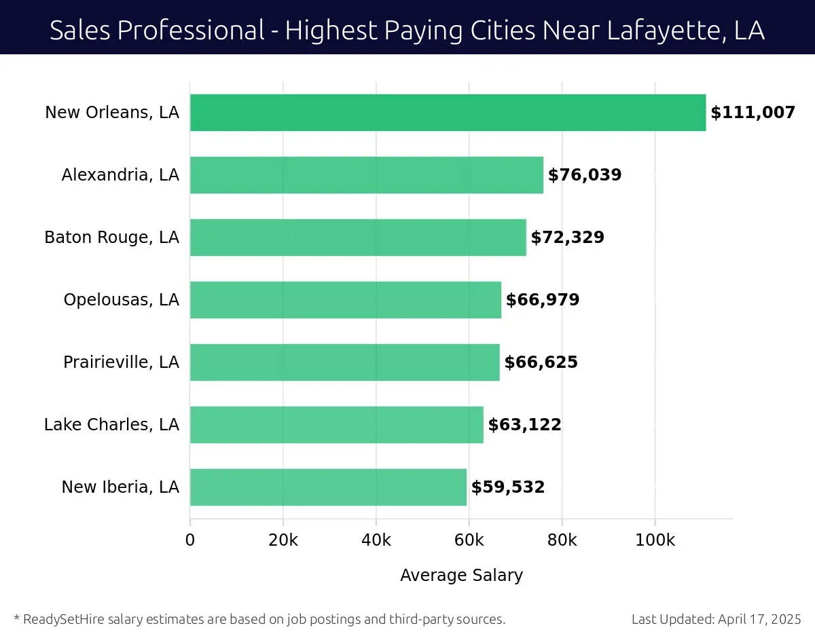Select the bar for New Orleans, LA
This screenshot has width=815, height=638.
click(448, 113)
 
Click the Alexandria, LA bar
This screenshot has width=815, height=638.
click(366, 175)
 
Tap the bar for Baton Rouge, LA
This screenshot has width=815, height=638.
click(358, 238)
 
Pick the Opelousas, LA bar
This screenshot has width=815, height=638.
click(345, 300)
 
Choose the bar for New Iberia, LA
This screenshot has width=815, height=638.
click(328, 487)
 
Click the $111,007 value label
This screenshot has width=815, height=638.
click(753, 113)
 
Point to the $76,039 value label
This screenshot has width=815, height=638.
click(584, 175)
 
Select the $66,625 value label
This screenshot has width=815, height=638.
click(541, 362)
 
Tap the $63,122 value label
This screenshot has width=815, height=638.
click(524, 425)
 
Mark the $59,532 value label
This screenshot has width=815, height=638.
click(508, 487)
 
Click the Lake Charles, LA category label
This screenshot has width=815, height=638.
click(111, 425)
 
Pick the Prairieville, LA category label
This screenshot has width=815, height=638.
click(121, 362)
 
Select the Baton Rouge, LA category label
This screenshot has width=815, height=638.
click(111, 238)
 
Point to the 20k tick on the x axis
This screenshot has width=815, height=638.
click(283, 541)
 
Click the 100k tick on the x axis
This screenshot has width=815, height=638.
click(655, 541)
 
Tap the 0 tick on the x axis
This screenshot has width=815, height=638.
click(190, 541)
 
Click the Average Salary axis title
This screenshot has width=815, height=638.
click(461, 576)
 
